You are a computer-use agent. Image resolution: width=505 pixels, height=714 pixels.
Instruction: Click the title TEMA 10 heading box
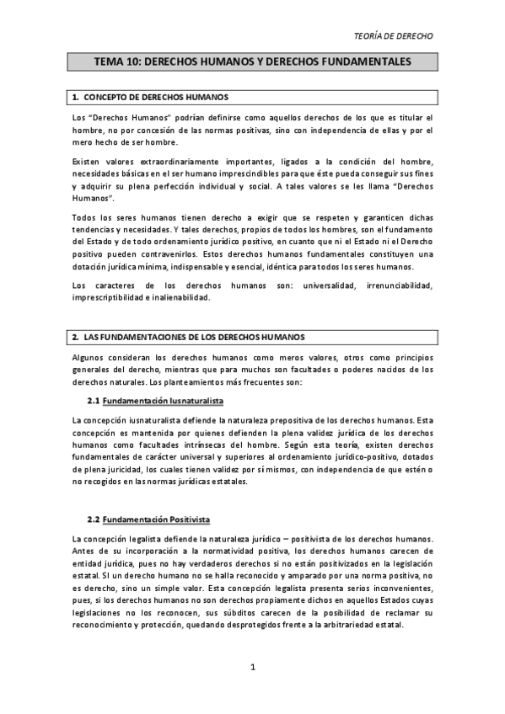click(252, 61)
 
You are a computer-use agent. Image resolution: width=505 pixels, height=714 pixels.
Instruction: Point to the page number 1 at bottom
click(252, 667)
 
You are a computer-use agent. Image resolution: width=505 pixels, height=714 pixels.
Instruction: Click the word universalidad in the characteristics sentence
click(315, 285)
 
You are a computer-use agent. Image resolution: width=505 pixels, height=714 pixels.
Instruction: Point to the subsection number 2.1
click(94, 399)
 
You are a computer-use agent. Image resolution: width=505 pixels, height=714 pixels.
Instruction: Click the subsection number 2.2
click(94, 519)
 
